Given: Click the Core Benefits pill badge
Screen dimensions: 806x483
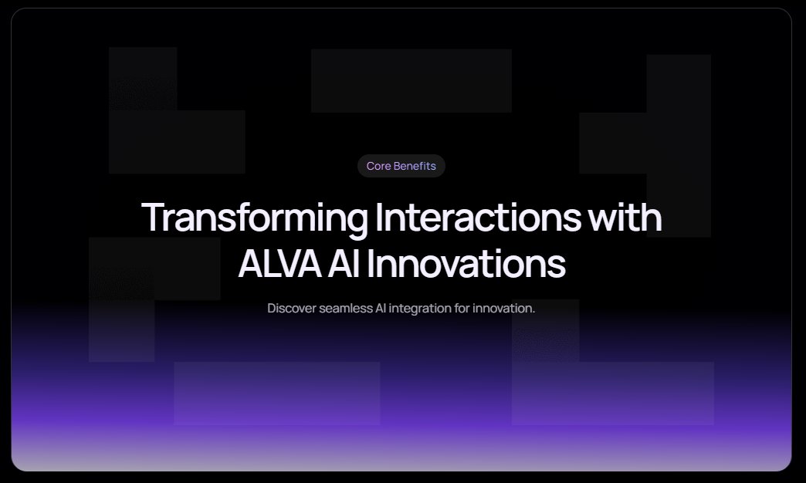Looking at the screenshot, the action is coord(401,166).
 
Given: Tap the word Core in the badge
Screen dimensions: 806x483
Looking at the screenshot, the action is coord(379,166).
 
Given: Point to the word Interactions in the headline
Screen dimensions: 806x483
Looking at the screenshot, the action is coord(478,218).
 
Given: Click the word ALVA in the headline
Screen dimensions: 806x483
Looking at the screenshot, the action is coord(279,264).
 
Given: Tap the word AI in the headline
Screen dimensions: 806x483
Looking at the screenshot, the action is coord(344,264).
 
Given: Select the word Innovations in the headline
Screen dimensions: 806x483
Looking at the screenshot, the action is coord(466,264).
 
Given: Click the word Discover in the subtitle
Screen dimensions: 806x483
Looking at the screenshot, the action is coord(292,309).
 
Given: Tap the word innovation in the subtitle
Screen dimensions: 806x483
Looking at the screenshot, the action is coord(502,309).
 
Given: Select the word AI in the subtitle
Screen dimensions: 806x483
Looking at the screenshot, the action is coord(381,309).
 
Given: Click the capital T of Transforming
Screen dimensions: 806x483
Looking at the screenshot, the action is coord(153,218).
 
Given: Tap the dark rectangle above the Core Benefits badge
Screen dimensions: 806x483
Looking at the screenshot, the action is coord(411,81).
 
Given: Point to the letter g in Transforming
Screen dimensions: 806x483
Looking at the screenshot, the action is coord(356,223).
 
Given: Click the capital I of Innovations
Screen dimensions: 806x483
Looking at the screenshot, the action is coord(370,264).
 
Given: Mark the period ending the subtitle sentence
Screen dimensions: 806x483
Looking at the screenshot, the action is coord(533,312).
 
